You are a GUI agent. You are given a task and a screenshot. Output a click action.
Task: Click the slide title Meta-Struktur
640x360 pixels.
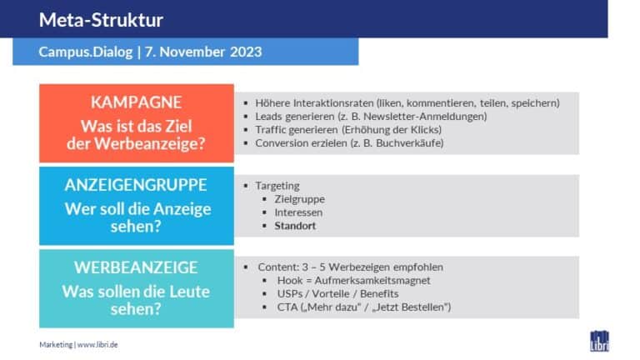point(101,20)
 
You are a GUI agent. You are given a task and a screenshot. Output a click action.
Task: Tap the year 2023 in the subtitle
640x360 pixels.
point(246,52)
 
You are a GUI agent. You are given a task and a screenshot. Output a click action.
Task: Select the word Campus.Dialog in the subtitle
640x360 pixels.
point(86,52)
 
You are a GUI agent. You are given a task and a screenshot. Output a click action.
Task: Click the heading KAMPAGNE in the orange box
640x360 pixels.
point(136,102)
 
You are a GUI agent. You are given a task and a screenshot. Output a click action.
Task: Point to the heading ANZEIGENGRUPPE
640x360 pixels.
point(136,185)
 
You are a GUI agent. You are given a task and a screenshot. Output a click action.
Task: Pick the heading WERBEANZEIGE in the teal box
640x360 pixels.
point(136,267)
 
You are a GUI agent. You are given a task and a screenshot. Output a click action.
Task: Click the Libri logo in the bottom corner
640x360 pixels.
point(599,341)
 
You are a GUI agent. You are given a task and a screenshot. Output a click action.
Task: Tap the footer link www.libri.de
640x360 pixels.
point(97,344)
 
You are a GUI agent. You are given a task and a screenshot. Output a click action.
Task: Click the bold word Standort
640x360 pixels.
point(295,226)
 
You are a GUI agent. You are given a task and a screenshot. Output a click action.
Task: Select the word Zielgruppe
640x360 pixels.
point(300,199)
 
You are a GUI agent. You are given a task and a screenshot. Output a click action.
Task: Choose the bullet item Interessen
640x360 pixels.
point(298,212)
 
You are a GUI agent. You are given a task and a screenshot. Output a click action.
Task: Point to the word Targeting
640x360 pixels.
point(277,186)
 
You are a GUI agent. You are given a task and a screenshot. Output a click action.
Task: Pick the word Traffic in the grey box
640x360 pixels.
point(271,130)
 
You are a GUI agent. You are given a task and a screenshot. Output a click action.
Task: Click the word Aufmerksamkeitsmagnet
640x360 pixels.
point(372,280)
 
